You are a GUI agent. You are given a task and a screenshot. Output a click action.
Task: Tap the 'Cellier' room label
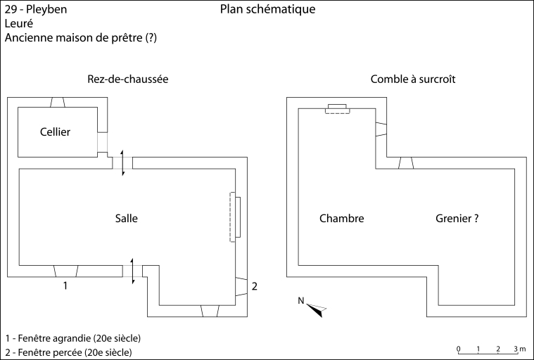tap(56, 131)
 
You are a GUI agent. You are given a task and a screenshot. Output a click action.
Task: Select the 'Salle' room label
tap(126, 219)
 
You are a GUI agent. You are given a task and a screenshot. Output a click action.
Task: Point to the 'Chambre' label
tap(341, 219)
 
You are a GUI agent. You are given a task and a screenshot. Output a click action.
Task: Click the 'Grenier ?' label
tap(457, 219)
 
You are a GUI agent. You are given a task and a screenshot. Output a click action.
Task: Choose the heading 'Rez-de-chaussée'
tap(128, 79)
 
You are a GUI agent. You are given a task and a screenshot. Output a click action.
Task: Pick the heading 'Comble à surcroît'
tap(413, 79)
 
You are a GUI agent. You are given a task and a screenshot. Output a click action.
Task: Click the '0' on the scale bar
tap(458, 349)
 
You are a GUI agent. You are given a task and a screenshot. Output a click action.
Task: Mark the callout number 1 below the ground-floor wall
tap(65, 285)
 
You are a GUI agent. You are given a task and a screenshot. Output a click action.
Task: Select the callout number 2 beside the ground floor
tap(255, 286)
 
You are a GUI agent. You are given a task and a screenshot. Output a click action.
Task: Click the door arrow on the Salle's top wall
tap(123, 162)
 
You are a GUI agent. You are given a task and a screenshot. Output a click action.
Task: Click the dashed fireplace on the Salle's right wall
tap(235, 218)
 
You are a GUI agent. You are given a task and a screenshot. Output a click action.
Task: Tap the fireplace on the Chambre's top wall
tap(337, 108)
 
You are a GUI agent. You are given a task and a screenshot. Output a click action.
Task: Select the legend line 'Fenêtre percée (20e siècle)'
tap(68, 352)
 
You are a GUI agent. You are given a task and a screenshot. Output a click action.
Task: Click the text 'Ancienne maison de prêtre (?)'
tap(80, 38)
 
